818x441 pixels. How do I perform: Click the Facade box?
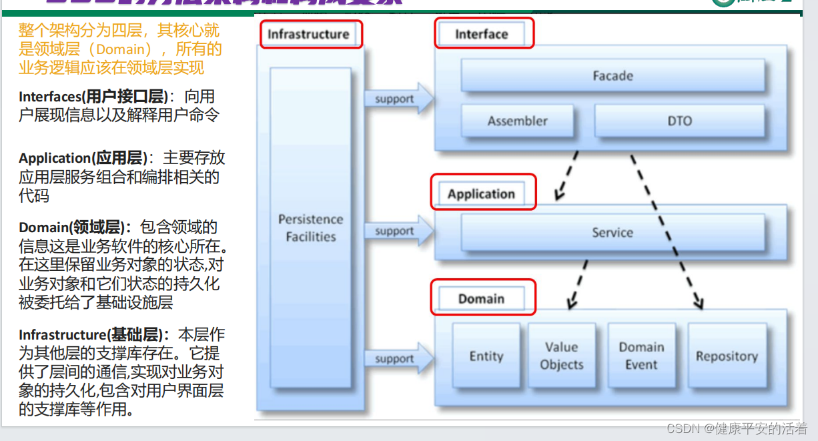pos(612,75)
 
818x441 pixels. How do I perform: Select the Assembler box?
pos(517,121)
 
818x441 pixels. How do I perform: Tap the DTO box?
pos(679,121)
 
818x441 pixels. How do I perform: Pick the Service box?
pos(612,232)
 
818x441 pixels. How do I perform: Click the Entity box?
pos(486,356)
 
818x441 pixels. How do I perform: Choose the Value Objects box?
pos(561,356)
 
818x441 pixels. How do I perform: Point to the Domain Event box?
pos(641,356)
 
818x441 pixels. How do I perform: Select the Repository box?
pos(727,356)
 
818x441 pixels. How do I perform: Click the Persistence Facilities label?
pos(311,228)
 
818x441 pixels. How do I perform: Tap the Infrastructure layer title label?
pos(308,34)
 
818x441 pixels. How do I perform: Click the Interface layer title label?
pos(482,34)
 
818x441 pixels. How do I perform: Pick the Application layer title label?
pos(481,194)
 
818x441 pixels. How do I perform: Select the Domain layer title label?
pos(481,299)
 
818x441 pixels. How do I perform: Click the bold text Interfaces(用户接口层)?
pos(93,97)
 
